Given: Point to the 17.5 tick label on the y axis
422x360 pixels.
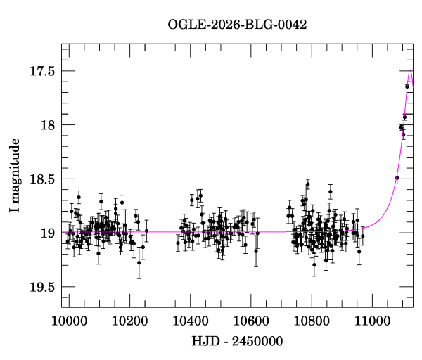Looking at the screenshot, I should [x=41, y=71].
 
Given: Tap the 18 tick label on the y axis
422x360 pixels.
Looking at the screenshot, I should [x=48, y=125].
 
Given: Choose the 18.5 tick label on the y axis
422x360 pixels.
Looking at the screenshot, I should [x=41, y=179].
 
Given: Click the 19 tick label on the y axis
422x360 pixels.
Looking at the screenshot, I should [x=48, y=233].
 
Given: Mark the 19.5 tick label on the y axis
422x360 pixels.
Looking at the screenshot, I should [x=41, y=287].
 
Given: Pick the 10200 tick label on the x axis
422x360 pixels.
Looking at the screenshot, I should [x=129, y=321].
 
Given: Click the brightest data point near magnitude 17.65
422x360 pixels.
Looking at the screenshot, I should [x=407, y=86].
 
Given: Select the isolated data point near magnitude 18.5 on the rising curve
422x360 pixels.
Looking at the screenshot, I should [x=397, y=178].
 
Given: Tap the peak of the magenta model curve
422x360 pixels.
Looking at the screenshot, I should [x=410, y=70].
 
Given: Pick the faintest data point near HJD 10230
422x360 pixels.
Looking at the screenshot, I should [x=139, y=263].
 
